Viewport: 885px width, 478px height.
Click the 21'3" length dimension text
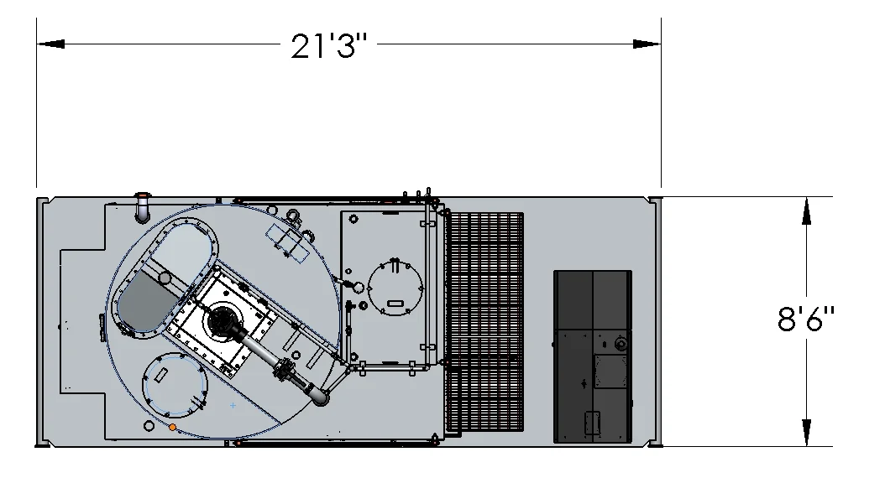tap(329, 45)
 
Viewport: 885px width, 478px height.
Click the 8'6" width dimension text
tap(805, 319)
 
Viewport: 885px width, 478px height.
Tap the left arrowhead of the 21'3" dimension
tap(50, 44)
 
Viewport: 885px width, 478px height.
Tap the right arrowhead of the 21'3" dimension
tap(647, 44)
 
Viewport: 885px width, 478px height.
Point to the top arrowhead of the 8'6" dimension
tap(807, 210)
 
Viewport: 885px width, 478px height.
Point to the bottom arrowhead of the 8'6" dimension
tap(807, 433)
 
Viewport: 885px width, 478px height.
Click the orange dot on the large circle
tap(172, 428)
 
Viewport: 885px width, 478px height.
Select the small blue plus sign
tap(233, 405)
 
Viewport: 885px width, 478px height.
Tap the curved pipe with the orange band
tap(142, 207)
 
